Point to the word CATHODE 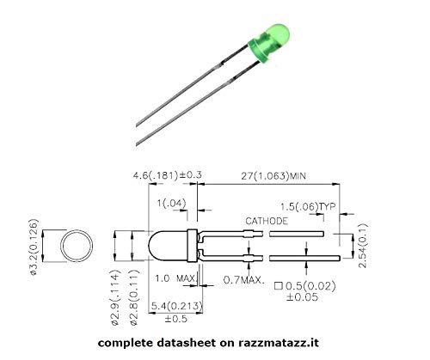[x=267, y=221]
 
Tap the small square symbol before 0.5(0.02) [x=279, y=285]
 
